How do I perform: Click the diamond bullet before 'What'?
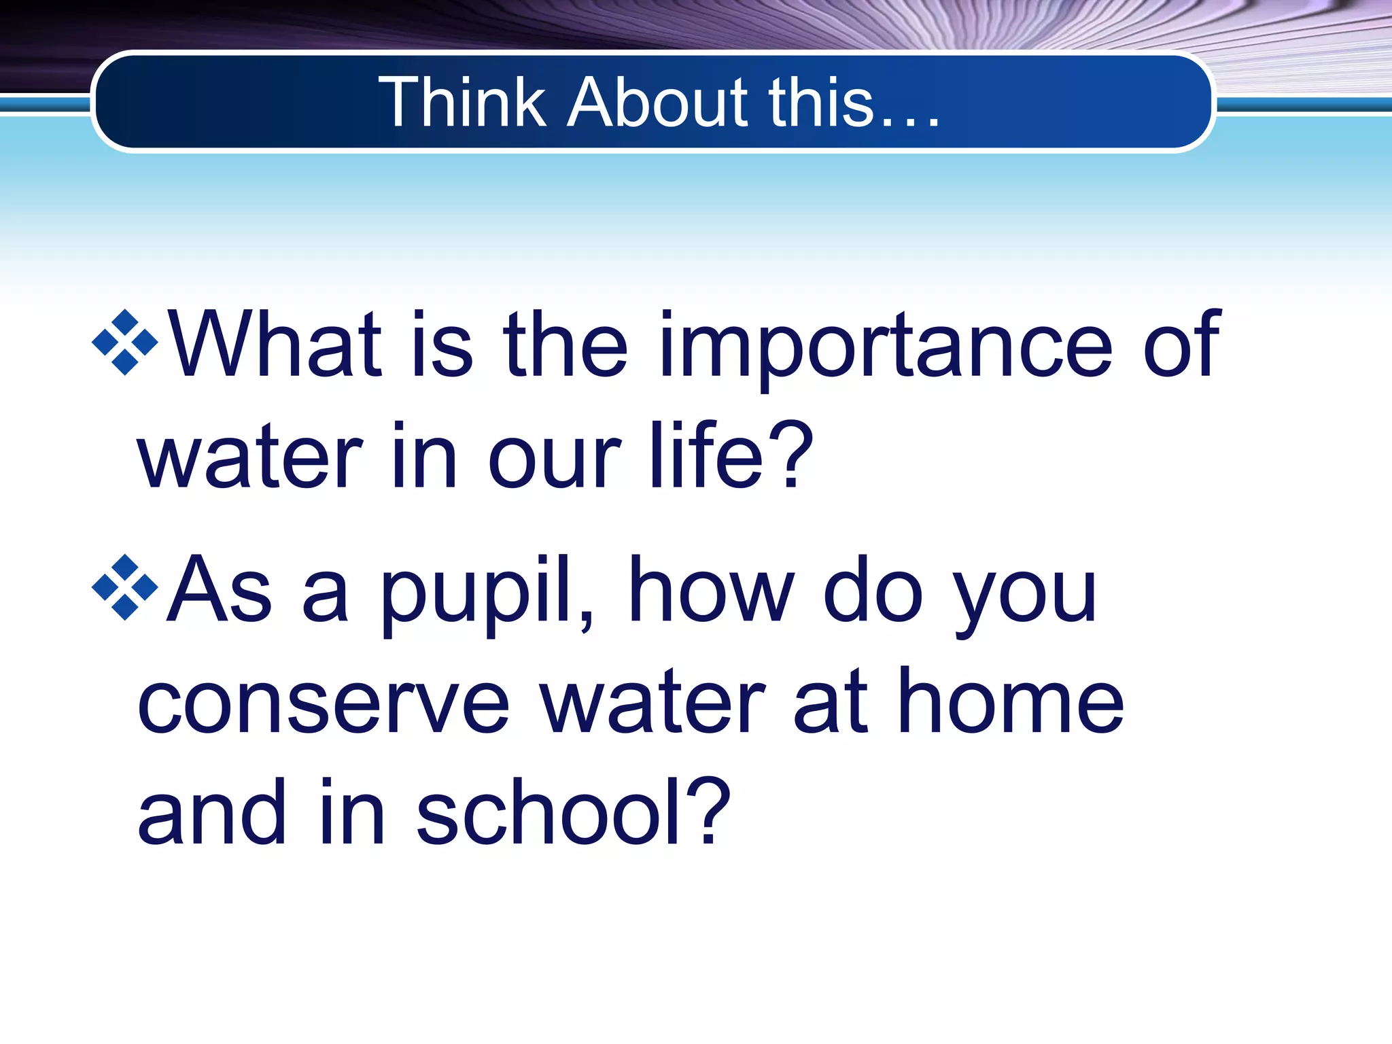125,342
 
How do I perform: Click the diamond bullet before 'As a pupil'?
125,587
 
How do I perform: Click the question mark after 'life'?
793,454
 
